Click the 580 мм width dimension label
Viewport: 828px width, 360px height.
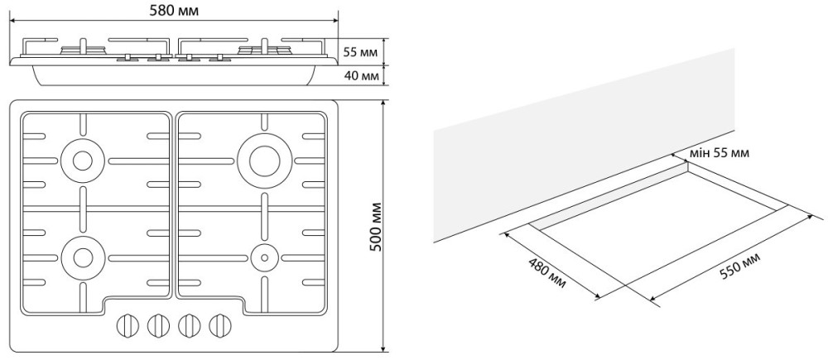[174, 11]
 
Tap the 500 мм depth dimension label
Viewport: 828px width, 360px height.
[375, 226]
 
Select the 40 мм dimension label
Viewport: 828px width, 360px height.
[361, 75]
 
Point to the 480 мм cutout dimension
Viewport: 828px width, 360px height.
[546, 273]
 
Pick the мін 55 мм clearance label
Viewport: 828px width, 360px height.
[720, 153]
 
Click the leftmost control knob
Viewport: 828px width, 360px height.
[127, 325]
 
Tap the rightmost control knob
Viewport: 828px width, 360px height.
[219, 325]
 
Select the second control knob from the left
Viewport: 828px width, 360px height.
[158, 325]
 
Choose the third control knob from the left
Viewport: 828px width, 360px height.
[189, 325]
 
